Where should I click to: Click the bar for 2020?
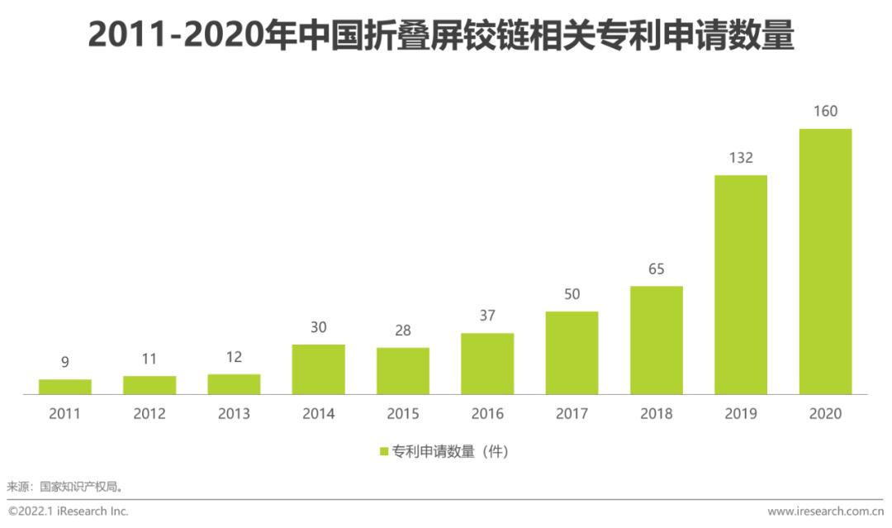point(825,262)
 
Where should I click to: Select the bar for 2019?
point(740,285)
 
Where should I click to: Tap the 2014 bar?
point(318,369)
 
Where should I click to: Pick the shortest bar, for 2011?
point(64,387)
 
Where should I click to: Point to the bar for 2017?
point(572,353)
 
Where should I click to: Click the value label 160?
point(825,112)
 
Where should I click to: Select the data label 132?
point(740,158)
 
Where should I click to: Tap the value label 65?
point(657,269)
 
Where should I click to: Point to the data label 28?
point(403,331)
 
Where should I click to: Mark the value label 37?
point(487,316)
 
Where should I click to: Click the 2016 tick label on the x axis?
point(487,414)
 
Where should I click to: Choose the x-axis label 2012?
point(149,414)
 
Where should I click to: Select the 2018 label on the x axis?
point(657,414)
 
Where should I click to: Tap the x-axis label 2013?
point(234,414)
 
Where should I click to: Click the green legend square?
point(384,452)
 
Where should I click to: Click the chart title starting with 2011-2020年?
point(441,36)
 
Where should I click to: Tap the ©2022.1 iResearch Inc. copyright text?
point(69,512)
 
